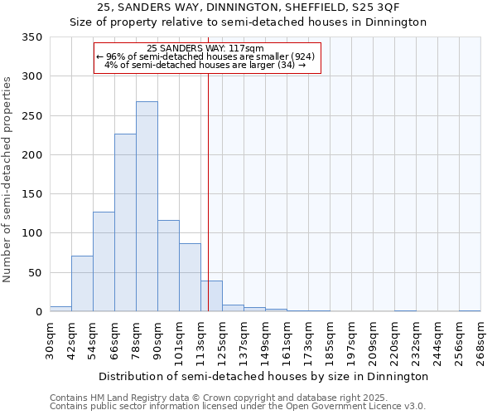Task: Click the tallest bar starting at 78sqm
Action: click(x=147, y=207)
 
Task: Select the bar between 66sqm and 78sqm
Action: click(x=125, y=222)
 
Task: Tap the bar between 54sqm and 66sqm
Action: click(x=104, y=261)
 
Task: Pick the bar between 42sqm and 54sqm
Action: click(x=82, y=284)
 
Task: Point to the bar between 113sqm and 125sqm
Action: click(x=211, y=296)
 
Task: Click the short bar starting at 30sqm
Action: click(x=60, y=309)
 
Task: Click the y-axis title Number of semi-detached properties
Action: click(x=8, y=178)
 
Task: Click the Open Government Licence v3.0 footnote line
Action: click(x=238, y=407)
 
